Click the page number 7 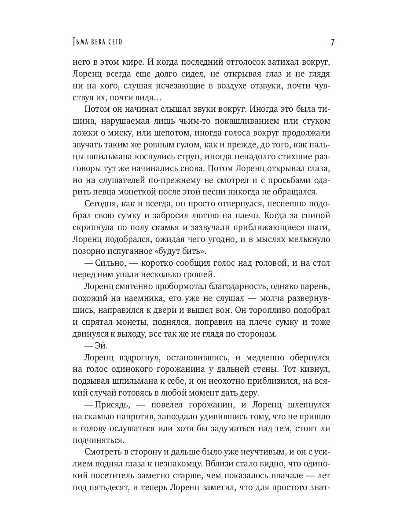coord(332,42)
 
